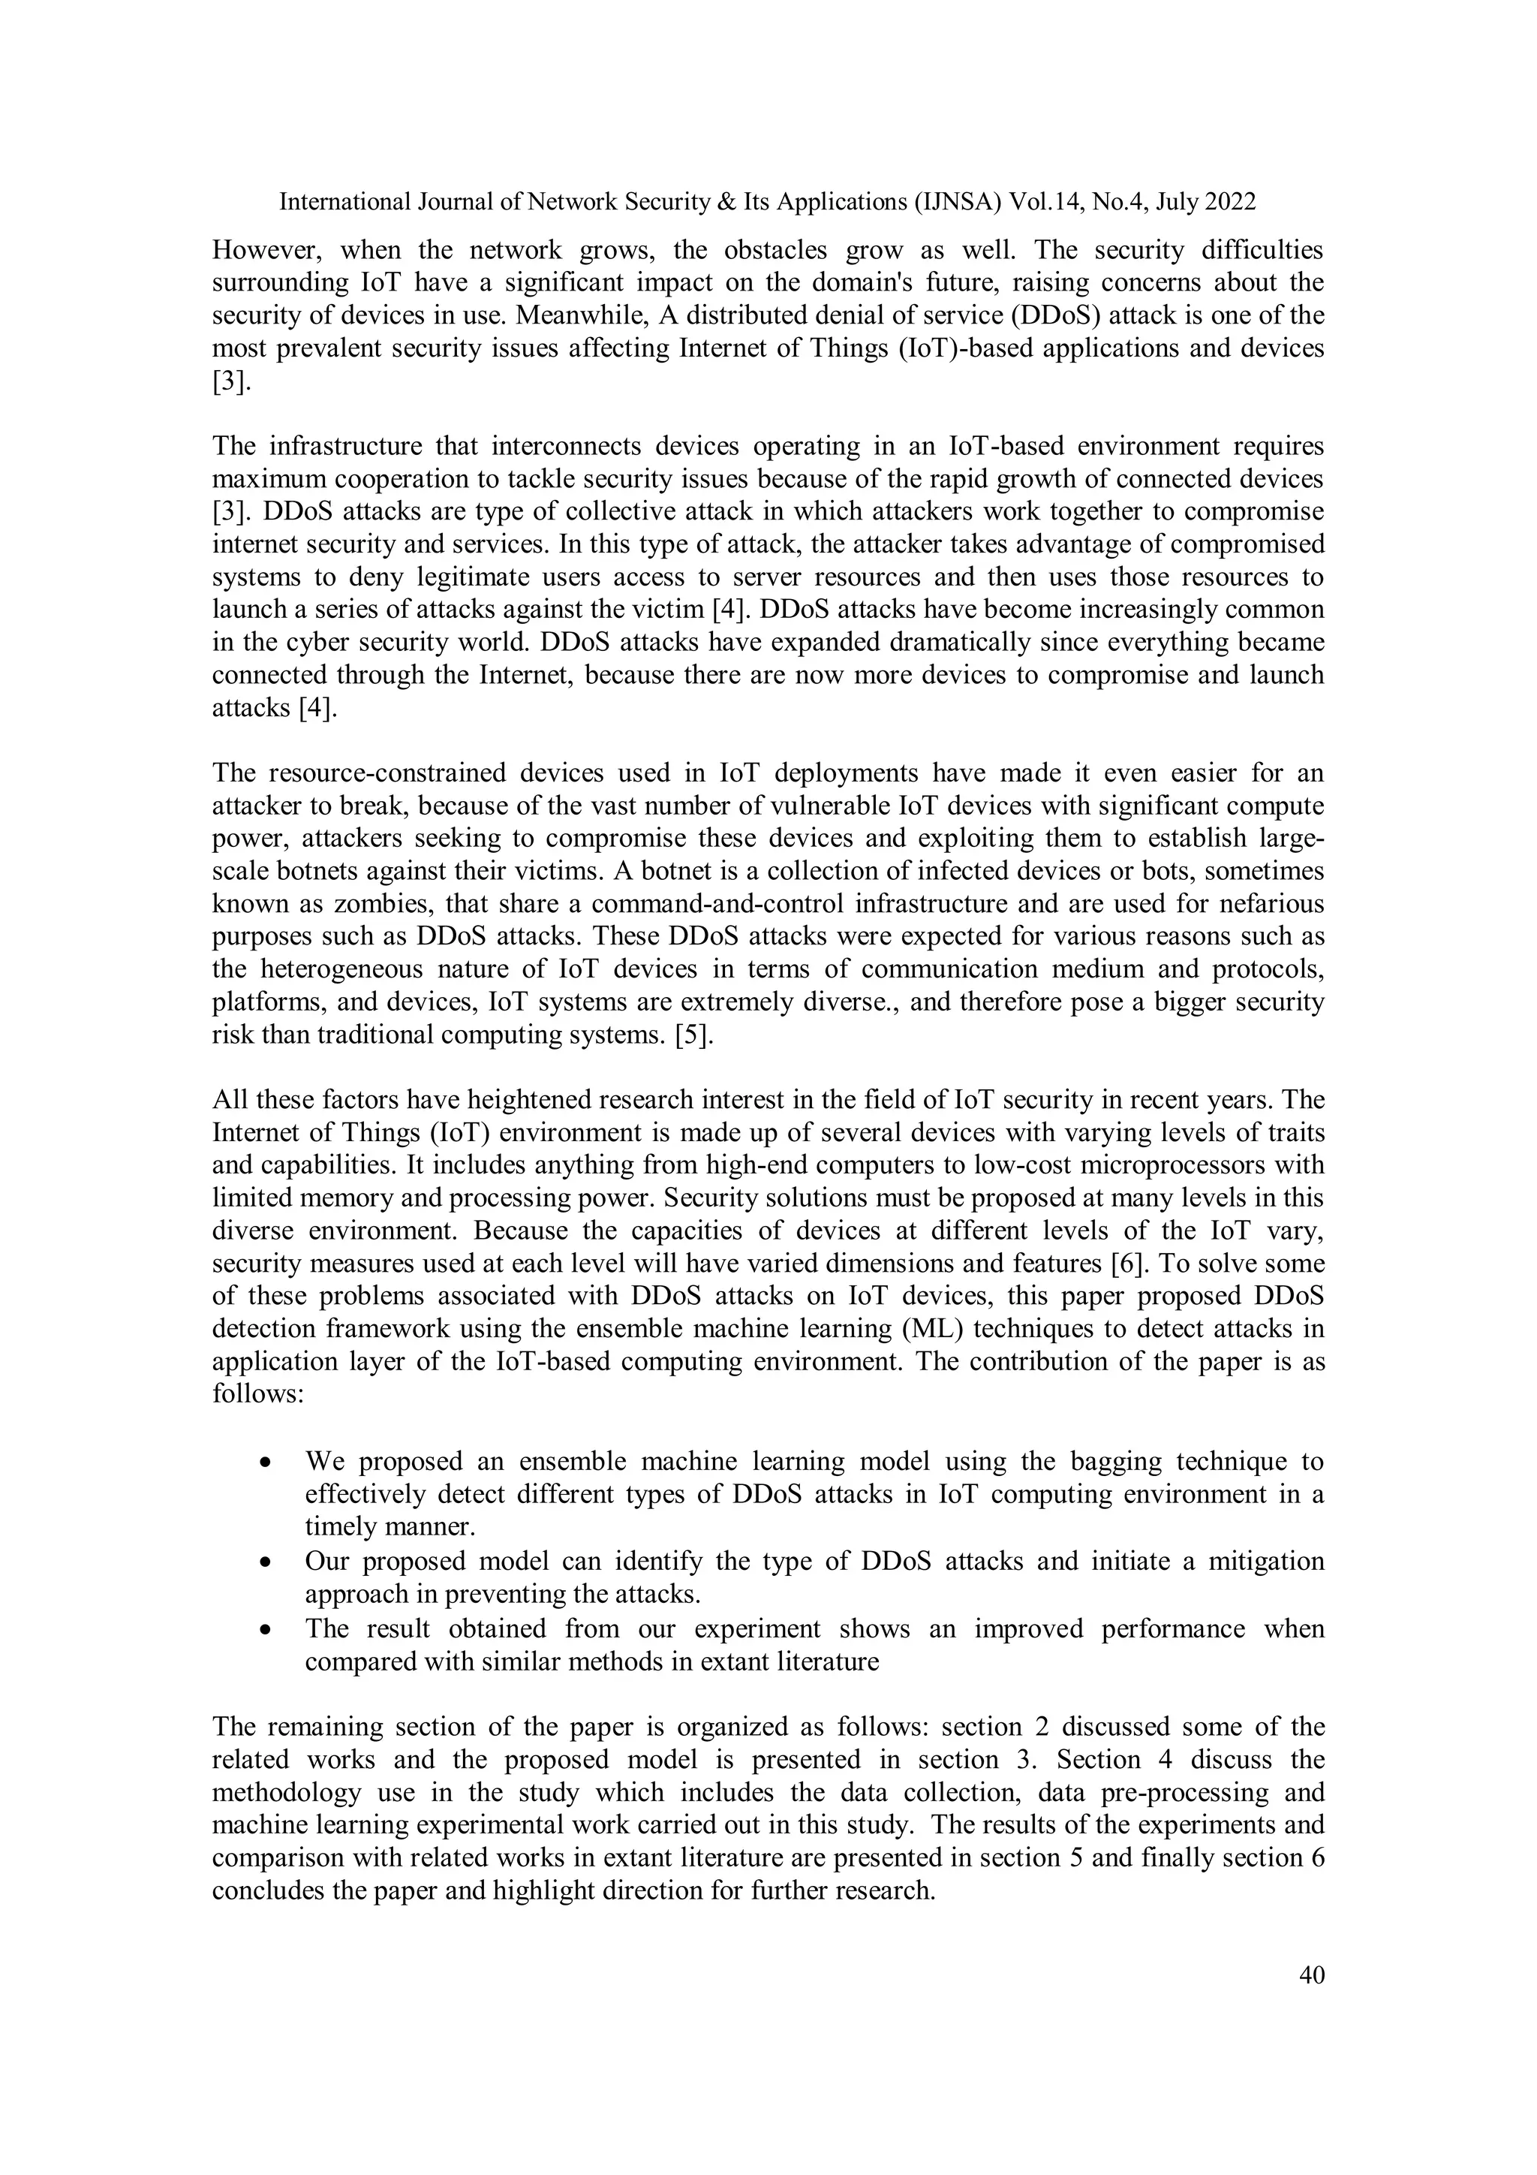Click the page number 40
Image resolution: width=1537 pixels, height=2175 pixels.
point(1312,1975)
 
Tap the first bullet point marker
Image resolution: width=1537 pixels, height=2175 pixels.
point(266,1463)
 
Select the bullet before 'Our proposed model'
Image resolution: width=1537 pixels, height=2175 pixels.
point(266,1561)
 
